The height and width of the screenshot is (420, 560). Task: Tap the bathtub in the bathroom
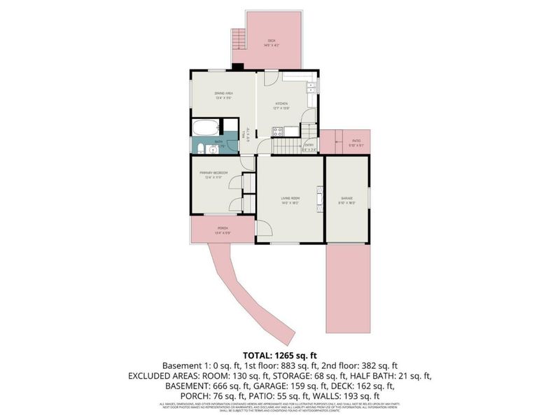point(206,128)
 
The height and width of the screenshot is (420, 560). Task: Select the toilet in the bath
point(201,148)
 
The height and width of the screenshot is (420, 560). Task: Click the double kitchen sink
point(309,88)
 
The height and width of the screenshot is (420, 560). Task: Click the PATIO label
point(356,142)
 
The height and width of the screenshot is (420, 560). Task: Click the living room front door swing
point(263,230)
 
